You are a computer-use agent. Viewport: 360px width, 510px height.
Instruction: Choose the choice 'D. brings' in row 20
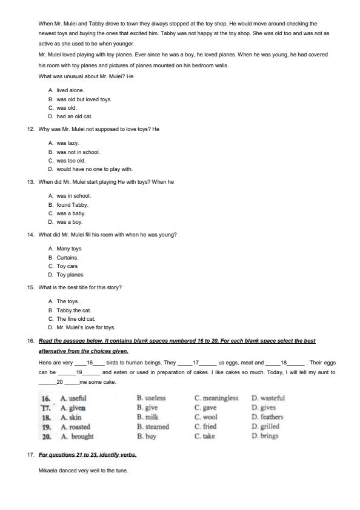point(265,436)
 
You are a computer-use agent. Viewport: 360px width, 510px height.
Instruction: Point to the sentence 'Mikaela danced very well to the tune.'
point(83,471)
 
